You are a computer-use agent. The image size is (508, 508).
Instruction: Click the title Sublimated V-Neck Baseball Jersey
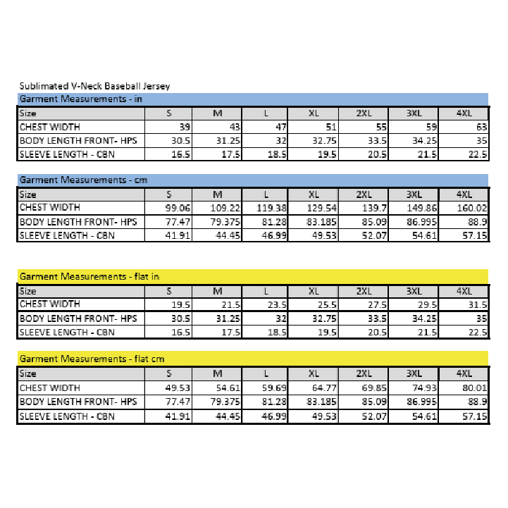click(x=94, y=86)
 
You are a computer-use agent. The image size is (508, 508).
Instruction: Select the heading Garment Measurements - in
click(x=80, y=99)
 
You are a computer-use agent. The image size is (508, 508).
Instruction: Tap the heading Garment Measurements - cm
click(x=82, y=180)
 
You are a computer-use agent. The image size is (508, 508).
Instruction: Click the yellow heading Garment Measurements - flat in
click(x=89, y=276)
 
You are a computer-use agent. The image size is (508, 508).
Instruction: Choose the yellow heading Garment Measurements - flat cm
click(x=92, y=359)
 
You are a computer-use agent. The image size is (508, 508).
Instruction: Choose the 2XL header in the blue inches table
click(x=364, y=113)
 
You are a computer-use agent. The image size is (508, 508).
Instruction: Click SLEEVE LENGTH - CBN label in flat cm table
click(x=66, y=416)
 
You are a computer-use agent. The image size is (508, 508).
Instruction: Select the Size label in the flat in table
click(x=28, y=291)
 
